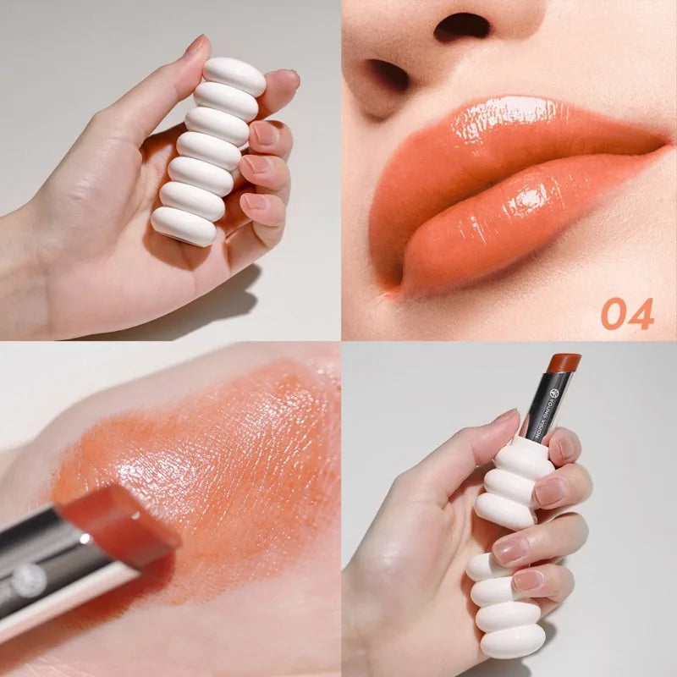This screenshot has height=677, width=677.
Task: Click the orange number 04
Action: tap(627, 314)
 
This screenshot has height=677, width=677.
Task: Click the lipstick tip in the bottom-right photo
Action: tap(563, 362)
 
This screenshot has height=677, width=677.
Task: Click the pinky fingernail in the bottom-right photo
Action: tap(528, 581)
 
